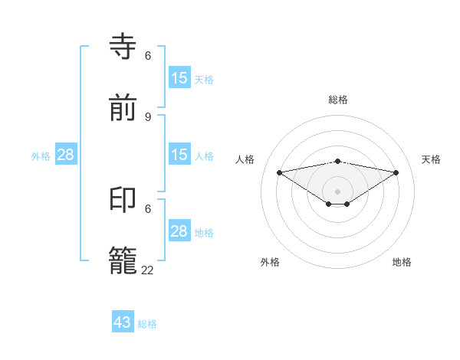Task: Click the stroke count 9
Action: [x=148, y=116]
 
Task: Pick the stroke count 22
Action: [x=148, y=270]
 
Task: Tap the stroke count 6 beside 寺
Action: [x=148, y=56]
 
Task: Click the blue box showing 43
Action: [x=123, y=322]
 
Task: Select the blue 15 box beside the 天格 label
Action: [x=179, y=77]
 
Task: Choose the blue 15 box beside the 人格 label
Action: [x=179, y=155]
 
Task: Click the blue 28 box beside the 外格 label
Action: [x=66, y=155]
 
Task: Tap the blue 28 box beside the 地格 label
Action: [x=179, y=231]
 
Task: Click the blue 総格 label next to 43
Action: [x=147, y=324]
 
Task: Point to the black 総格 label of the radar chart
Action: [x=338, y=100]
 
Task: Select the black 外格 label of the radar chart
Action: [x=270, y=262]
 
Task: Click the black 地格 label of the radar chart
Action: [x=402, y=262]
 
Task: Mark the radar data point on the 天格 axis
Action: [x=396, y=172]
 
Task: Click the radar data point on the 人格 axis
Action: [x=279, y=172]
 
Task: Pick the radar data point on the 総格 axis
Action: [x=338, y=161]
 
